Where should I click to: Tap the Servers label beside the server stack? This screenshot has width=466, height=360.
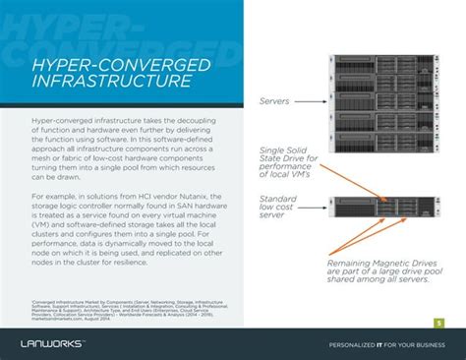(x=280, y=100)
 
